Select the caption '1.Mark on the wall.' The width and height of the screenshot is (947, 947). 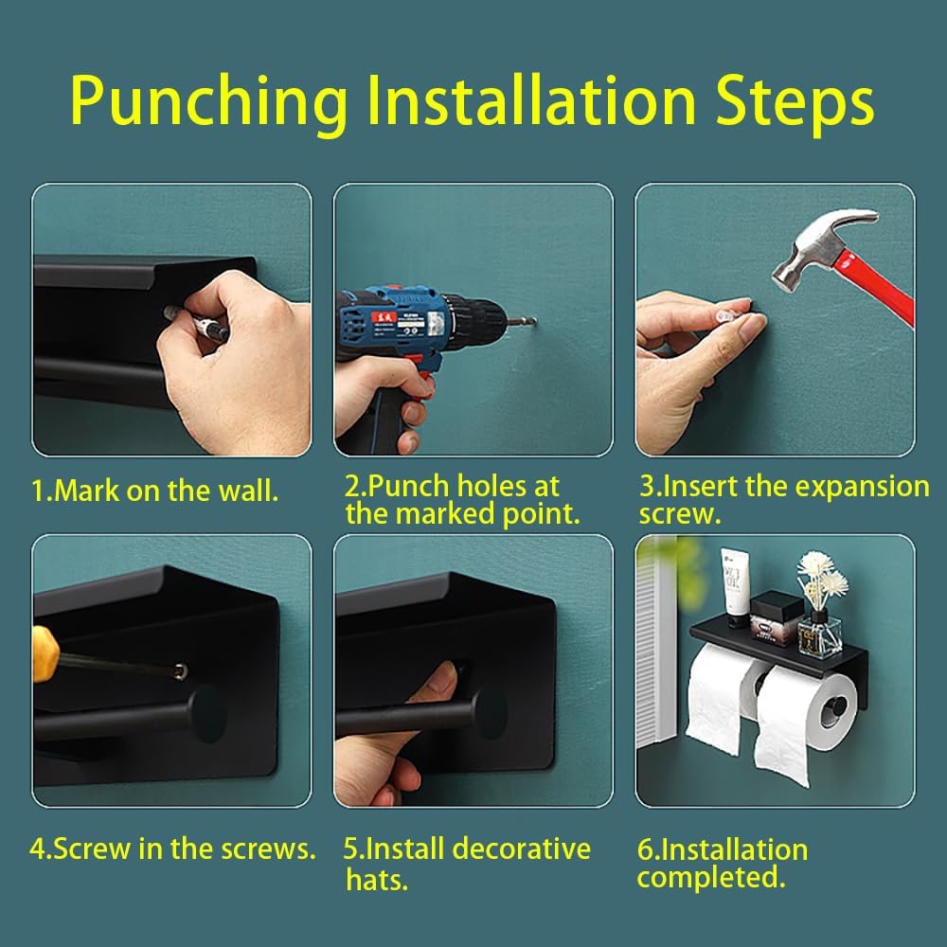coord(155,491)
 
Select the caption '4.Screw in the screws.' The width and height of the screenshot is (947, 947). coord(172,848)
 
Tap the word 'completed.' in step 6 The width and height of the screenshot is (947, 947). coord(711,878)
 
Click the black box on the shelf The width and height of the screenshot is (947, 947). coord(777,616)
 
